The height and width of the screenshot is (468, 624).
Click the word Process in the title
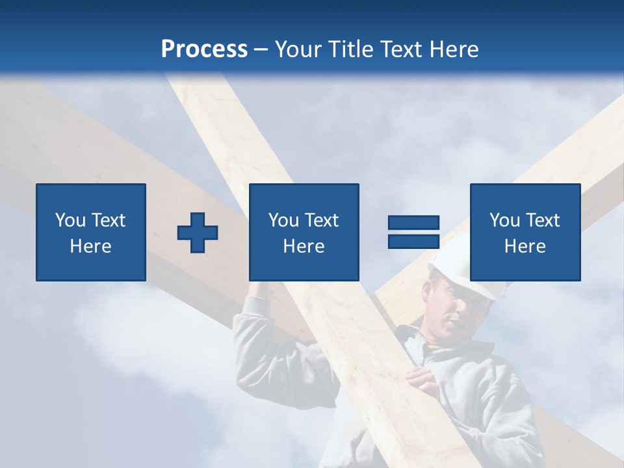click(x=204, y=49)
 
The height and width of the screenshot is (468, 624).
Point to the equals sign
click(x=413, y=232)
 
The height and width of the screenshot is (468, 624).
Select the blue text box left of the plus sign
click(x=91, y=232)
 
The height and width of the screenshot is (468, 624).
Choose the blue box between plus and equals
click(x=304, y=232)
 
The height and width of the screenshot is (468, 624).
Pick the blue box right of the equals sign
click(x=525, y=232)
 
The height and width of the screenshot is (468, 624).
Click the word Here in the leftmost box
click(x=91, y=246)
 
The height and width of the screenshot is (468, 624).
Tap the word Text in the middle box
click(x=321, y=220)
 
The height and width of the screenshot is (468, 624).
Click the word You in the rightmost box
click(x=504, y=220)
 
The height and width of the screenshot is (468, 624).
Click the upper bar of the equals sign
click(x=413, y=222)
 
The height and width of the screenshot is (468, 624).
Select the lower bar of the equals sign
click(x=413, y=241)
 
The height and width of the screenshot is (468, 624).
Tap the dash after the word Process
click(x=261, y=50)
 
